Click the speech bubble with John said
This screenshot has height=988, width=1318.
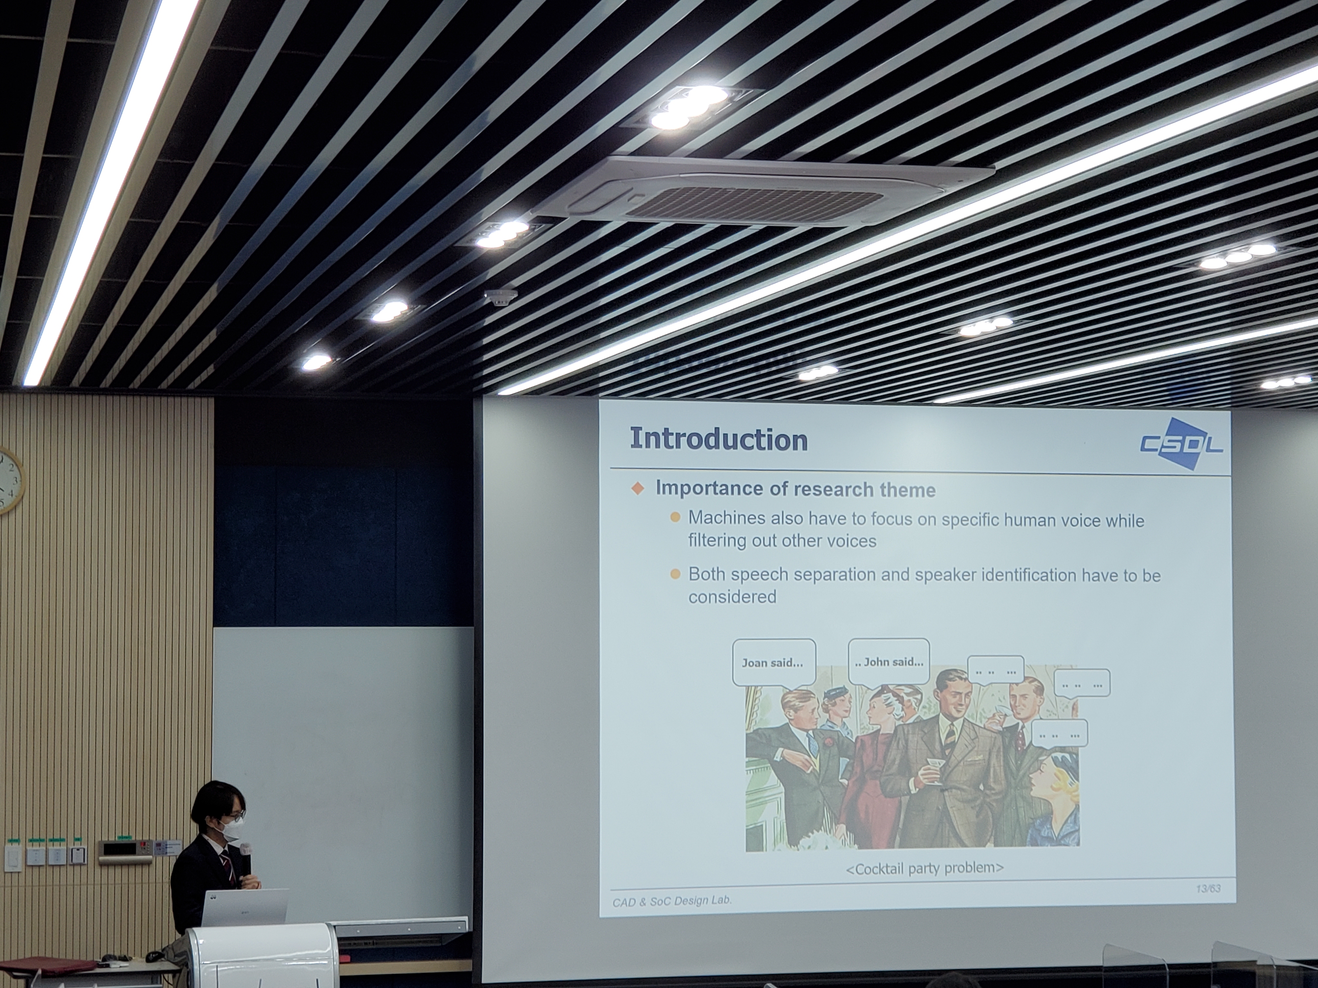[x=888, y=661]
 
